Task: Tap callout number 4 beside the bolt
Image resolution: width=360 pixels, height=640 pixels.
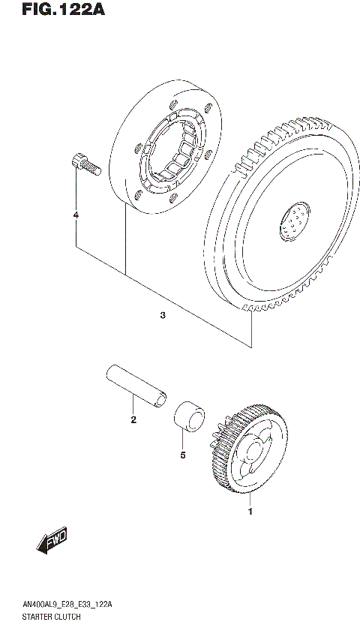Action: tap(76, 216)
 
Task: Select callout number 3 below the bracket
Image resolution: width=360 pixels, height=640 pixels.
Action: tap(163, 316)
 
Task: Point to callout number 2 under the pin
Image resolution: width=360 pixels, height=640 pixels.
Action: tap(133, 419)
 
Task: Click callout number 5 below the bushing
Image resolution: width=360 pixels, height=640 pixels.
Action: tap(182, 455)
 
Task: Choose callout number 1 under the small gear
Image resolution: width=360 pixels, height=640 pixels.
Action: tap(250, 512)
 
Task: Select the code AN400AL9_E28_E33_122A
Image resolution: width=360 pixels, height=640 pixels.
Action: tap(58, 603)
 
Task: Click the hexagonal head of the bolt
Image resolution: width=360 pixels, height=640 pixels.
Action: tap(76, 158)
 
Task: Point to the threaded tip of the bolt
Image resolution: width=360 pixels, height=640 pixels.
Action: tap(94, 170)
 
